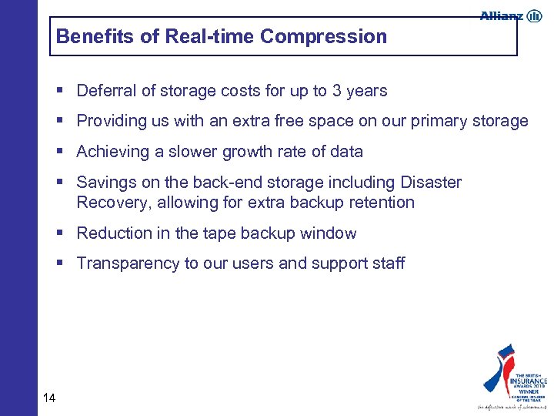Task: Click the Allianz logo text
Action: point(501,15)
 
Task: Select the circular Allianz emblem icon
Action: point(534,15)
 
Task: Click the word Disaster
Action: point(431,183)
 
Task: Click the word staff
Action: point(386,263)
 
